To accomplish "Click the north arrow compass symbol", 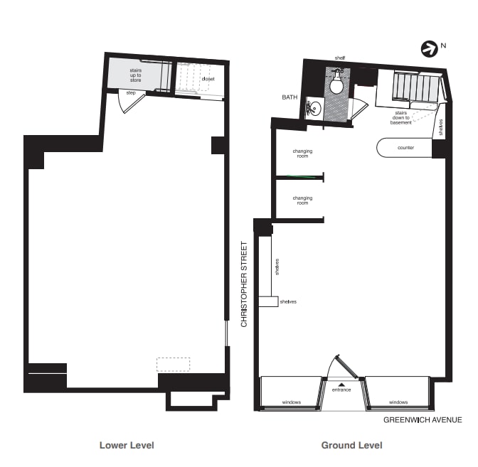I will coord(429,49).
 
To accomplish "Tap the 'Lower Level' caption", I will coord(127,446).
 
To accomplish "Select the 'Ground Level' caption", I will coord(351,446).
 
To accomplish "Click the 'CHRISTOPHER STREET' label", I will coord(244,284).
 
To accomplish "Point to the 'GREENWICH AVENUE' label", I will coord(423,420).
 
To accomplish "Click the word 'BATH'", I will coord(290,97).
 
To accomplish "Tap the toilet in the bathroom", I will coord(338,85).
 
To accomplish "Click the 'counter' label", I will coord(405,148).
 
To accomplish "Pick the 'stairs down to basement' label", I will coord(400,117).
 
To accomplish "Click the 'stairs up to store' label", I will coord(135,75).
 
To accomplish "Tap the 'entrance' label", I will coord(341,390).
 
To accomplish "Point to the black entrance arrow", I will coord(341,384).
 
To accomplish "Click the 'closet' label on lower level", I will coord(208,79).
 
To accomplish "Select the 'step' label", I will coord(131,93).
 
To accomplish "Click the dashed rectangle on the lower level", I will coord(174,364).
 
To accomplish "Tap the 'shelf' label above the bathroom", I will coord(340,58).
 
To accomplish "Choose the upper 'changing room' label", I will coord(302,154).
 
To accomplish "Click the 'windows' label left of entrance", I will coord(292,402).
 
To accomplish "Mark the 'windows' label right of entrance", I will coord(398,402).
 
